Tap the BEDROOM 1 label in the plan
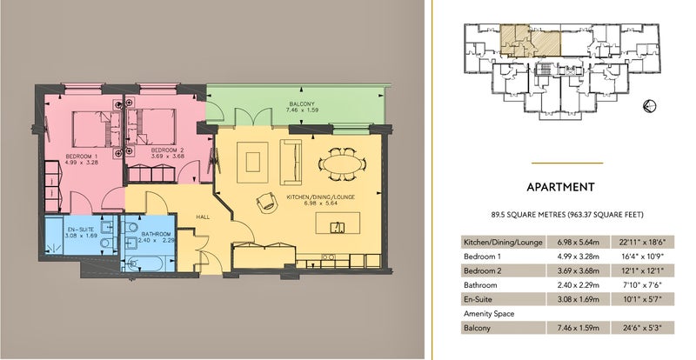pyautogui.click(x=82, y=157)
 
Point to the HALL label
pyautogui.click(x=203, y=217)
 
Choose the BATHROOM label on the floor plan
pyautogui.click(x=157, y=234)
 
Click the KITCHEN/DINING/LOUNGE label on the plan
pyautogui.click(x=320, y=197)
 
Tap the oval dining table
pyautogui.click(x=342, y=164)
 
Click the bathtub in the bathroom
pyautogui.click(x=148, y=264)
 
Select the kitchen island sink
pyautogui.click(x=338, y=227)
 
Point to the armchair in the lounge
pyautogui.click(x=267, y=203)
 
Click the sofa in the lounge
pyautogui.click(x=291, y=162)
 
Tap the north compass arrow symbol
pyautogui.click(x=649, y=105)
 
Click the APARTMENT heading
pyautogui.click(x=560, y=187)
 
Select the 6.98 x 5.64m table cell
pyautogui.click(x=579, y=242)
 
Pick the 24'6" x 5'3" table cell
pyautogui.click(x=642, y=328)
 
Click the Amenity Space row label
pyautogui.click(x=489, y=313)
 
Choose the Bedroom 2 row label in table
pyautogui.click(x=483, y=270)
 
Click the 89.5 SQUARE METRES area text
pyautogui.click(x=528, y=215)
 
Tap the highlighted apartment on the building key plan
pyautogui.click(x=531, y=41)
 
